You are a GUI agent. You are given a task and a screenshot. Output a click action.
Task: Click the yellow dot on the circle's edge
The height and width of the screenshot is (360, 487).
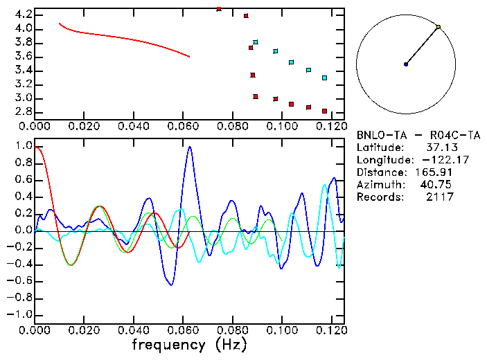[x=439, y=27]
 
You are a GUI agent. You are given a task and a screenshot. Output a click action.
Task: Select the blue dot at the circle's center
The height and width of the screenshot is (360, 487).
[x=406, y=64]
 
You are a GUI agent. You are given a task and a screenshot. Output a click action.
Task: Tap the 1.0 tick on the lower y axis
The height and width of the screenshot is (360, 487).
[x=23, y=147]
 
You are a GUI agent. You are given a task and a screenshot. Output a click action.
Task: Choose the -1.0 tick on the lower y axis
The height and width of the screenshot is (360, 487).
[x=20, y=314]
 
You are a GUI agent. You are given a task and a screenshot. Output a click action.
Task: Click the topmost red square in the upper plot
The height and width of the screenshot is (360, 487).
[x=219, y=9]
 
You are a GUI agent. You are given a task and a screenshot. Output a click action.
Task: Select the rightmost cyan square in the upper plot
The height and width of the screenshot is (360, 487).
[x=324, y=78]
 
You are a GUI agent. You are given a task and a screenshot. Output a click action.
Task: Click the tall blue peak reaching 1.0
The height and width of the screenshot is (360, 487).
[x=190, y=148]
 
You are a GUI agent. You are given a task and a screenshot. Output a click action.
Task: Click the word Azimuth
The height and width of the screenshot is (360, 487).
[x=378, y=185]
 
